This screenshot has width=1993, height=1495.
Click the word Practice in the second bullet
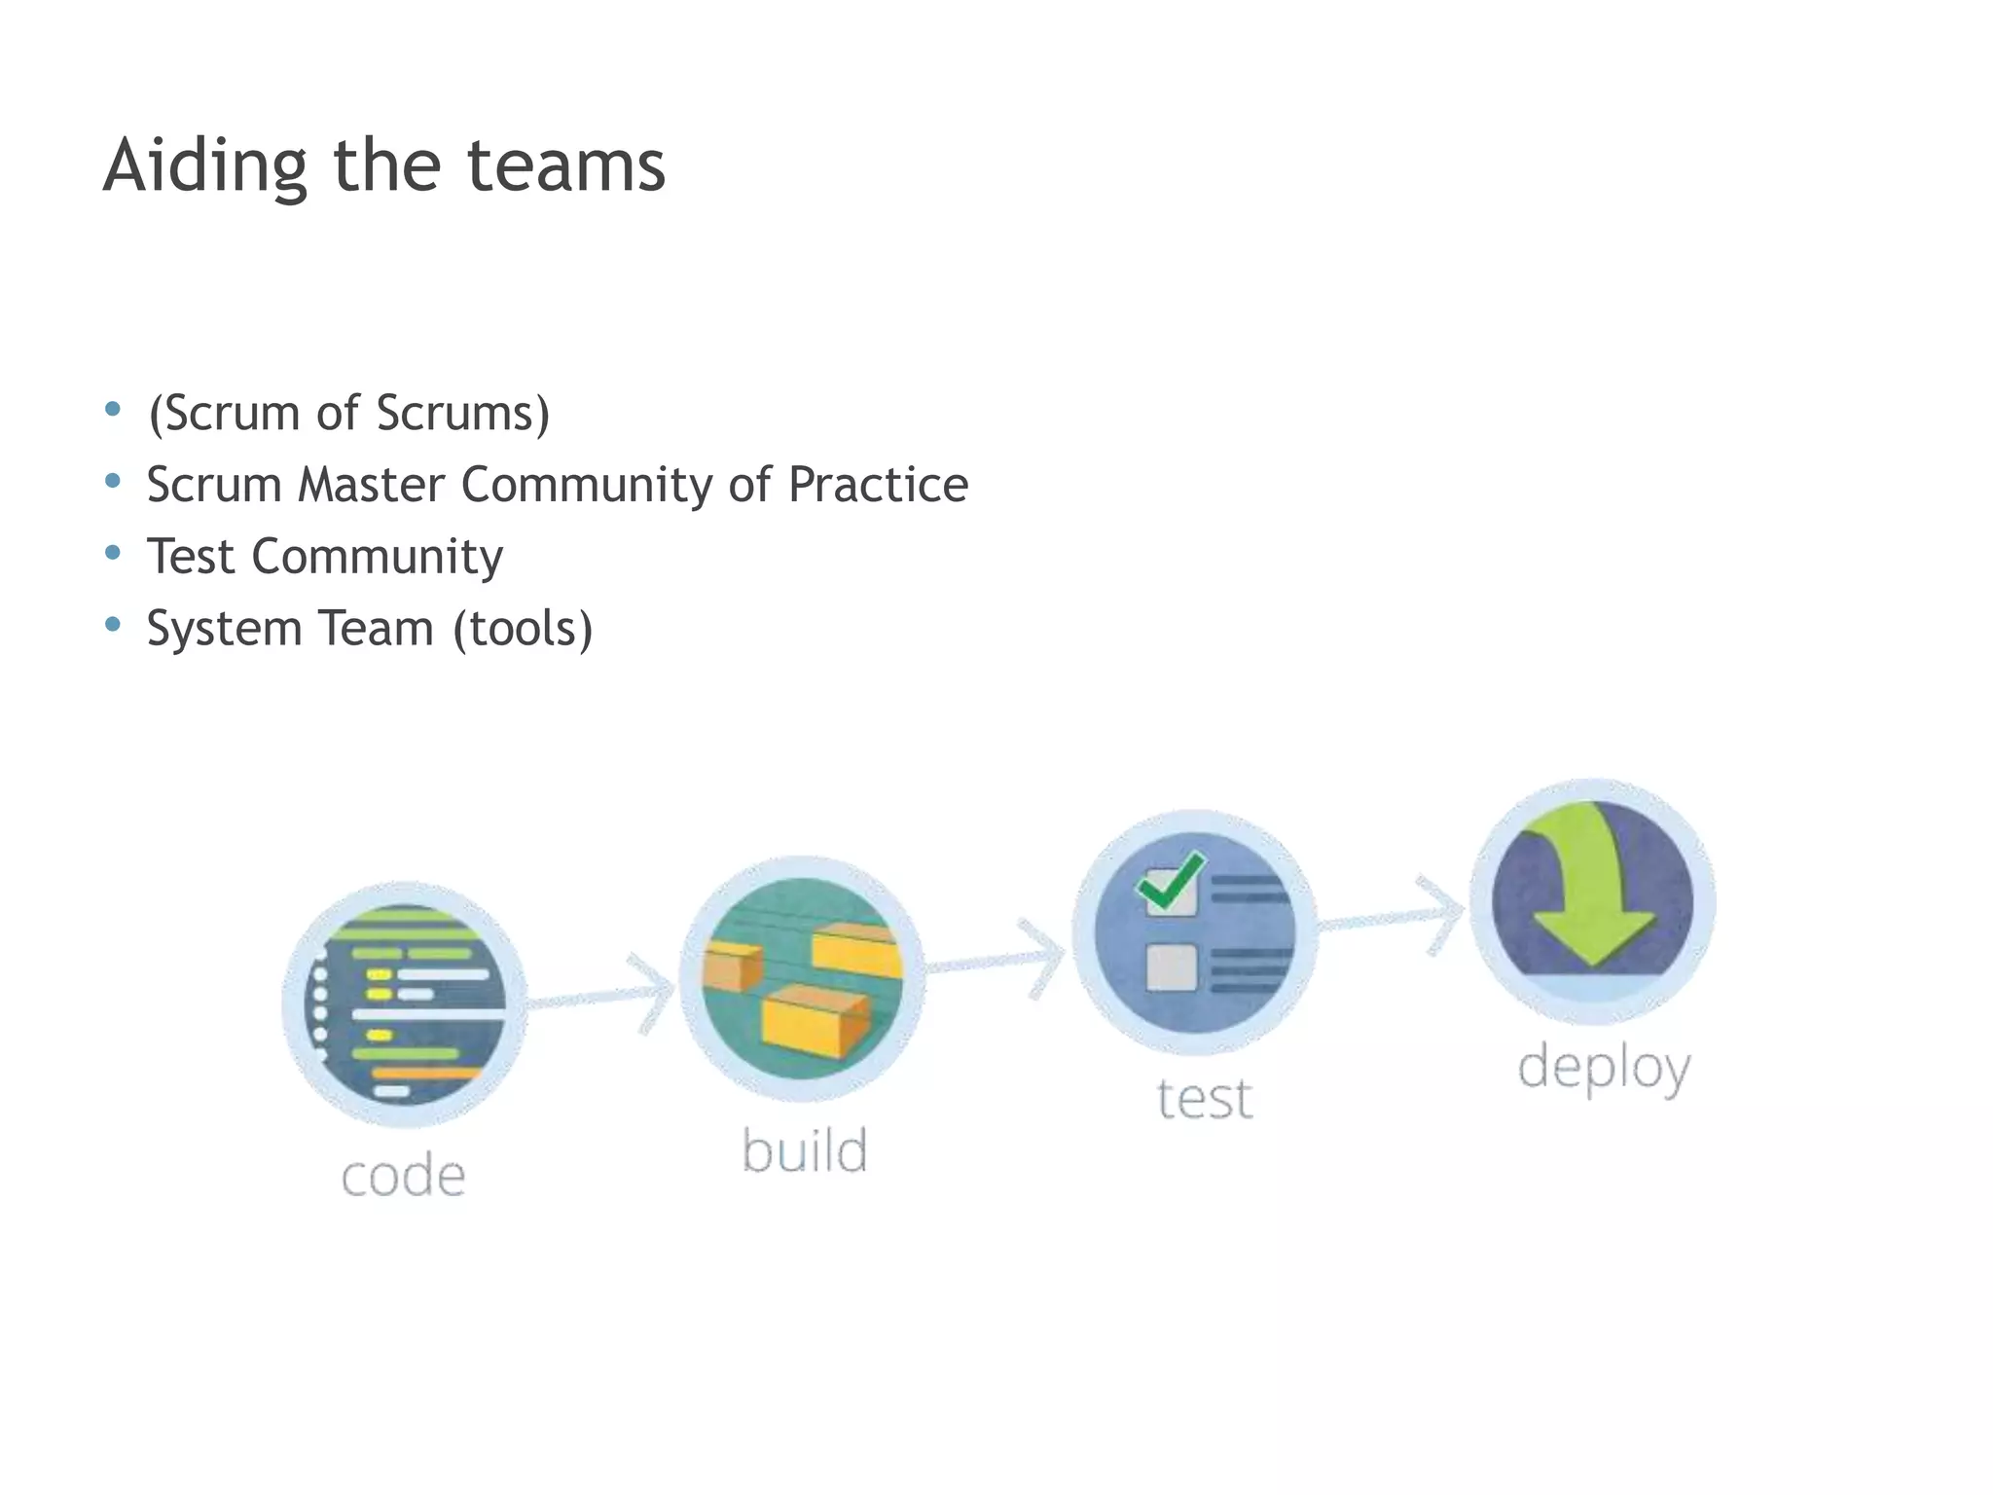pyautogui.click(x=878, y=485)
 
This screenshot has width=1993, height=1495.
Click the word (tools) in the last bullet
pyautogui.click(x=523, y=629)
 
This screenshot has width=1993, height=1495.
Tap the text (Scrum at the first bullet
pyautogui.click(x=223, y=414)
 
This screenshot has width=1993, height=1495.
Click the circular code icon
pyautogui.click(x=405, y=1004)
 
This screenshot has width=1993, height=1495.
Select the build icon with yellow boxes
pyautogui.click(x=802, y=978)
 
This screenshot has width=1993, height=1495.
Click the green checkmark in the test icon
pyautogui.click(x=1172, y=881)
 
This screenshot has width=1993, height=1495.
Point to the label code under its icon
pyautogui.click(x=403, y=1176)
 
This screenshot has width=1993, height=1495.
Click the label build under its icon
pyautogui.click(x=804, y=1150)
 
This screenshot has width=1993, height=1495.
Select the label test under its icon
pyautogui.click(x=1204, y=1099)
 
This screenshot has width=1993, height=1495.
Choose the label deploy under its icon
pyautogui.click(x=1604, y=1068)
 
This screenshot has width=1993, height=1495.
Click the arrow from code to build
pyautogui.click(x=603, y=996)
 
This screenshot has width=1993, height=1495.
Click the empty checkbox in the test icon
pyautogui.click(x=1171, y=966)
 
